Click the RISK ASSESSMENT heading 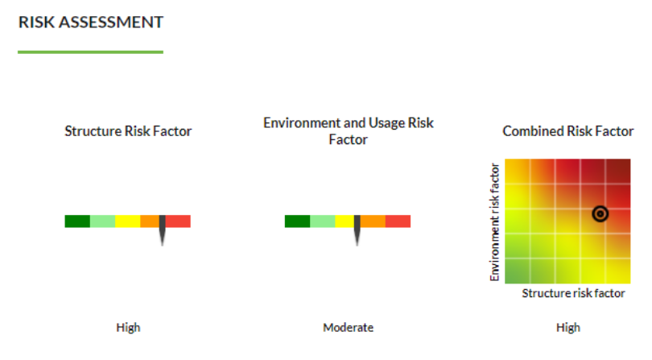[91, 22]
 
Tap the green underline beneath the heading [91, 52]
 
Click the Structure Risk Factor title [128, 131]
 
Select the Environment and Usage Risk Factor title [349, 130]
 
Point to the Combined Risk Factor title [568, 131]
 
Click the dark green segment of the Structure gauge [77, 221]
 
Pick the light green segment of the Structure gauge [103, 221]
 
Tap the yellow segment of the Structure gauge [128, 221]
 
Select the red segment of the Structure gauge [178, 221]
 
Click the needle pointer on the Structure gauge [162, 229]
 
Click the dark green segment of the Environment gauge [297, 221]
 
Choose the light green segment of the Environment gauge [323, 221]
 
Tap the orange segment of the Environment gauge [373, 221]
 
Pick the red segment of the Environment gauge [398, 221]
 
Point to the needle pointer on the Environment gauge [357, 229]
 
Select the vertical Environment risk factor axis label [494, 221]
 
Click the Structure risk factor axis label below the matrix [573, 293]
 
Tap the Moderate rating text [349, 328]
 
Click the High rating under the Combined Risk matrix [568, 328]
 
